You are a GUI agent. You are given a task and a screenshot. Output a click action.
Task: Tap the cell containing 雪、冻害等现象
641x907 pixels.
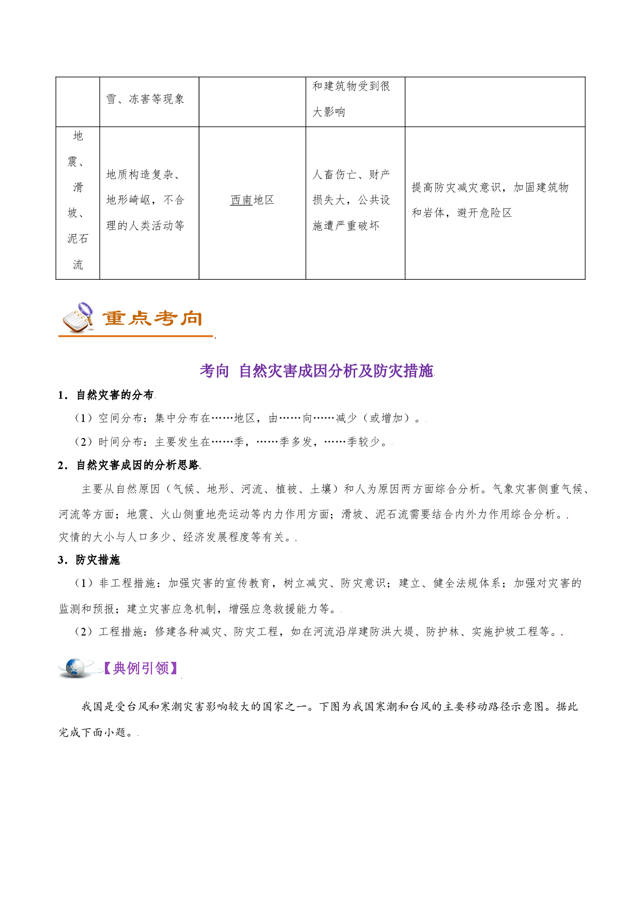click(x=149, y=102)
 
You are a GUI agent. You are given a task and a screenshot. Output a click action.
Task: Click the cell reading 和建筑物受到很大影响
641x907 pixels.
click(x=355, y=102)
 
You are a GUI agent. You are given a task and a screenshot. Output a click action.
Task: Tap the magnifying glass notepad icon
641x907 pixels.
click(x=78, y=318)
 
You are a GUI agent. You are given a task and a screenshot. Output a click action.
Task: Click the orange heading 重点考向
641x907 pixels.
click(x=152, y=318)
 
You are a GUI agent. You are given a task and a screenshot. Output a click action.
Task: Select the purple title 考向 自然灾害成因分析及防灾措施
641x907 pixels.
click(x=316, y=371)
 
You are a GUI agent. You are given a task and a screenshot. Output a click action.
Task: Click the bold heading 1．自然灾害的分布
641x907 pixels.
click(x=105, y=395)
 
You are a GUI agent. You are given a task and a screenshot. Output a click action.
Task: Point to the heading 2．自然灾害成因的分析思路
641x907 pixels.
click(x=128, y=465)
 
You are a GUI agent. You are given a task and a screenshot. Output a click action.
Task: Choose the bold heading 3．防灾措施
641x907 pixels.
click(x=88, y=560)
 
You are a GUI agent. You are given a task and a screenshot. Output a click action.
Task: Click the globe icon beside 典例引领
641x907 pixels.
click(x=77, y=668)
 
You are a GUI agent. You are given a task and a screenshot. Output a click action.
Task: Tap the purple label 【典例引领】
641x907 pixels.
click(x=141, y=668)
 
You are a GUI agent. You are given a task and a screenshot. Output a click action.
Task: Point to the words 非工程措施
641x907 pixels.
click(x=127, y=583)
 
